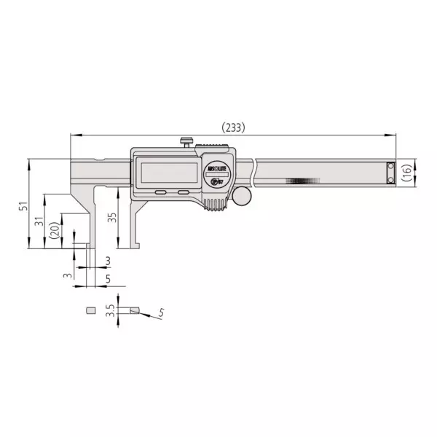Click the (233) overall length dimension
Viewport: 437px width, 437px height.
(x=233, y=127)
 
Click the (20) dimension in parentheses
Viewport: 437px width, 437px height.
(x=54, y=231)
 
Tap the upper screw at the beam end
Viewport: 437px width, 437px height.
(x=391, y=167)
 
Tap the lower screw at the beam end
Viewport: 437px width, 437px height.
(x=391, y=178)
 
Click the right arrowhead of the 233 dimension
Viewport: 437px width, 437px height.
(x=393, y=135)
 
